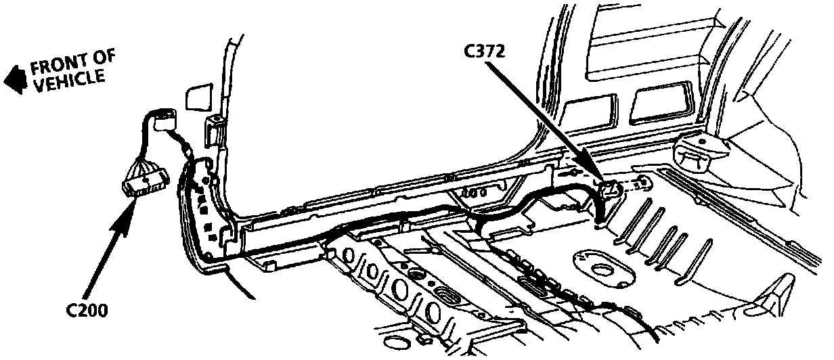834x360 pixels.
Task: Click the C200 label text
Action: point(87,311)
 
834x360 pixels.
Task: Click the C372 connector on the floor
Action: point(612,189)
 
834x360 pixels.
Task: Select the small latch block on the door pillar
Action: point(215,123)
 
